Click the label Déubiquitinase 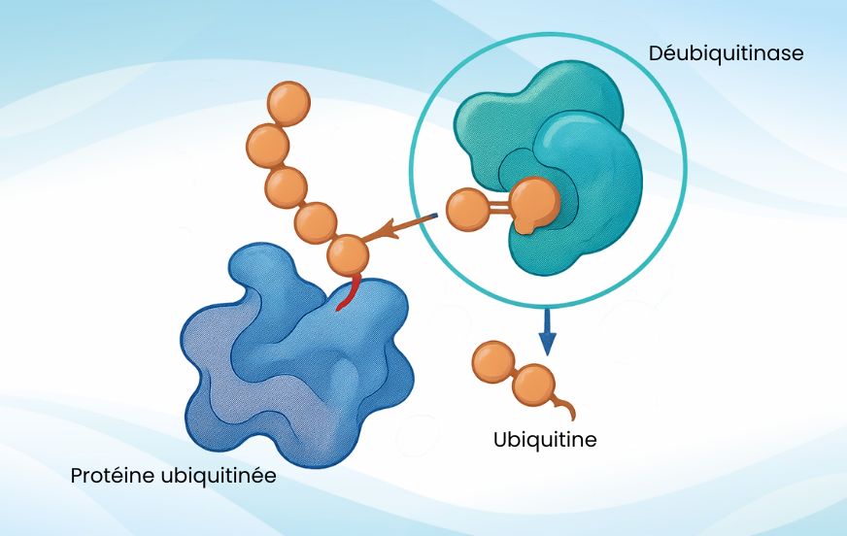(x=726, y=53)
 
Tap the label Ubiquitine (x=545, y=440)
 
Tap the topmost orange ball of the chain (x=288, y=102)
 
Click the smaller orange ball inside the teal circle (x=468, y=210)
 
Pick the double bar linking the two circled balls (x=499, y=208)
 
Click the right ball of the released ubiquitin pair (x=531, y=385)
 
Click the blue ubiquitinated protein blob (x=291, y=359)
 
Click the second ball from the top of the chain (x=268, y=145)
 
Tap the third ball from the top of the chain (x=287, y=187)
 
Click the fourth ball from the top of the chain (x=316, y=221)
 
